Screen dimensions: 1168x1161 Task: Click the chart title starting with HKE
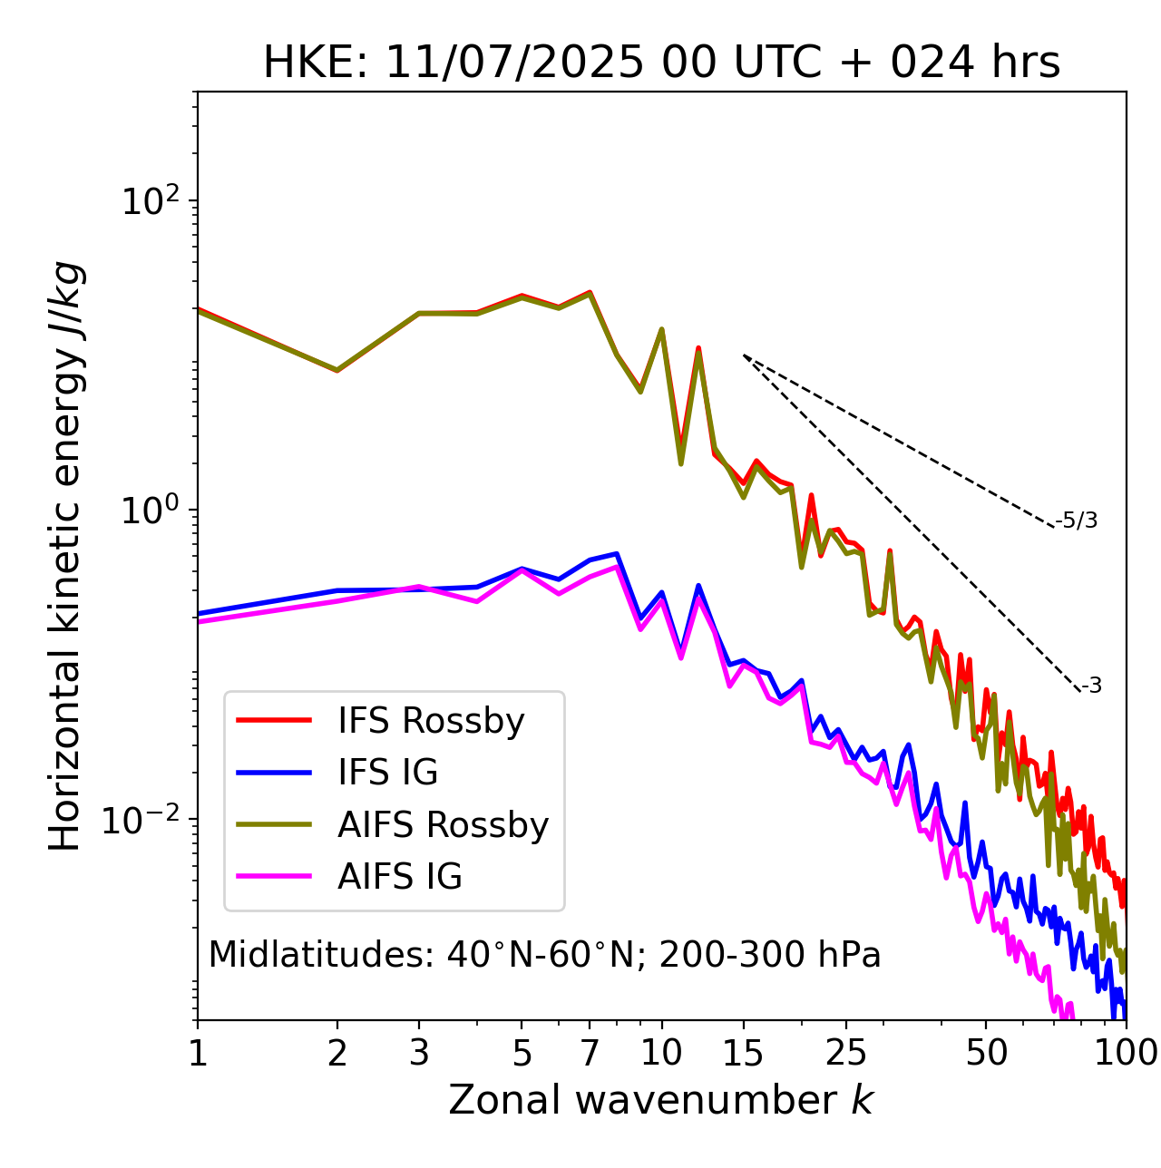tap(661, 63)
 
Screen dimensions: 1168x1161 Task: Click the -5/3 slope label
tap(1077, 521)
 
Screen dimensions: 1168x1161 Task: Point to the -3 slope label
tap(1091, 686)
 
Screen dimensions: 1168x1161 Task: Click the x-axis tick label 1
tap(198, 1053)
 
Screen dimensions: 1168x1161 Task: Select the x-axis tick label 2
tap(337, 1053)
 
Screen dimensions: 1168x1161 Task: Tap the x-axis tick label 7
tap(590, 1053)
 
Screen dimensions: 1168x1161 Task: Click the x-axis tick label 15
tap(743, 1053)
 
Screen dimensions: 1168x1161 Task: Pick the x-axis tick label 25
tap(846, 1053)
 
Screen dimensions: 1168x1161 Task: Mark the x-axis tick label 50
tap(987, 1053)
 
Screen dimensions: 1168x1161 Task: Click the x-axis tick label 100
tap(1125, 1053)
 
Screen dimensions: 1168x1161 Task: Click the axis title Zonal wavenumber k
tap(661, 1100)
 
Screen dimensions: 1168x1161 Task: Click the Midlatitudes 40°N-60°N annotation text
tap(544, 955)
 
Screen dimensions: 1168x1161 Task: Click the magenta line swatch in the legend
tap(274, 877)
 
